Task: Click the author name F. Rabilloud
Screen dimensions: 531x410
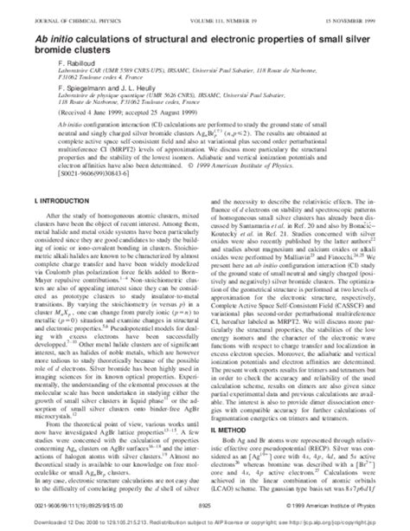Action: (x=51, y=56)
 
